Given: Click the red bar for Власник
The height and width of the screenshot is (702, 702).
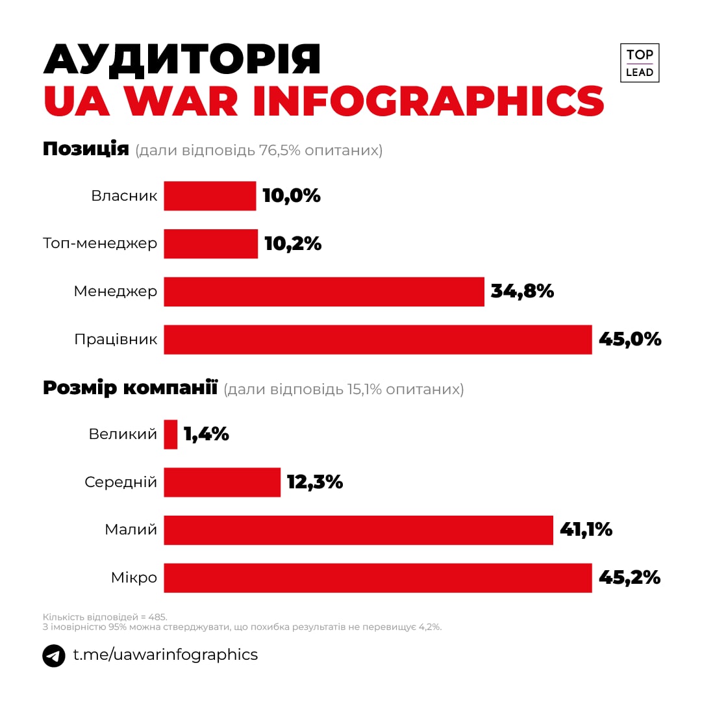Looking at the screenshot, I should [210, 196].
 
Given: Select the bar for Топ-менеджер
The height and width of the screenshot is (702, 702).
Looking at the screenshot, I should [210, 244].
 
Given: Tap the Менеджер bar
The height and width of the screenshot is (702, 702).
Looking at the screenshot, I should [324, 292].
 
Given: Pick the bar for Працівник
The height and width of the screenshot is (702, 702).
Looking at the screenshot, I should [377, 340].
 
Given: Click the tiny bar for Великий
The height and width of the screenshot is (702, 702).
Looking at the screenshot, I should [171, 434].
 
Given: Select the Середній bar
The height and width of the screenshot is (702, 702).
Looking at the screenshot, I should [222, 483].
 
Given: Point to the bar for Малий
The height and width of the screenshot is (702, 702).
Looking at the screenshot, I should [358, 530].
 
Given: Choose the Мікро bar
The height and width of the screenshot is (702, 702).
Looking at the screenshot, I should [377, 578].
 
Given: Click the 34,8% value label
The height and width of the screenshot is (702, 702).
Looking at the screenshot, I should [522, 292].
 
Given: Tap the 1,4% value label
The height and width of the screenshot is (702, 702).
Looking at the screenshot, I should [207, 434].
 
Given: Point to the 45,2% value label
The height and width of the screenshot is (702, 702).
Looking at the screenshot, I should [629, 578].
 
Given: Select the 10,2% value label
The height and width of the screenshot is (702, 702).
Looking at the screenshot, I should [293, 244].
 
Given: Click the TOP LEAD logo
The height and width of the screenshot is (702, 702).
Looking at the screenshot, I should [640, 63].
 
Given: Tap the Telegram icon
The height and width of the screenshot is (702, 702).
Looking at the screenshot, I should [54, 655].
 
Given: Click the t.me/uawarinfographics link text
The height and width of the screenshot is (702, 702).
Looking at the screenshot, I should [165, 655].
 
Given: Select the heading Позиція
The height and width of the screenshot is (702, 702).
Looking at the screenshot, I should [86, 149].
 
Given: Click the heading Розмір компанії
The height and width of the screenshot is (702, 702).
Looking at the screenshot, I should [130, 388].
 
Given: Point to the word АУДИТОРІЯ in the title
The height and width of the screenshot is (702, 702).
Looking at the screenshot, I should [182, 60].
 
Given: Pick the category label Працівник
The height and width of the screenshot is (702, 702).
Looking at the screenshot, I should [116, 340].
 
